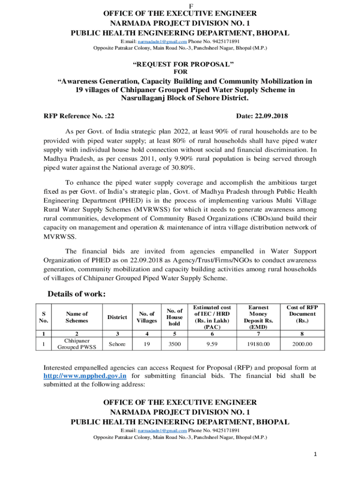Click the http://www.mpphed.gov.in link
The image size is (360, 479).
(85, 376)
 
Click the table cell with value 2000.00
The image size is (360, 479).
(302, 345)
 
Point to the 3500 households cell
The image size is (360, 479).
(174, 345)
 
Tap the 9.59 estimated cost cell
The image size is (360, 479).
(212, 345)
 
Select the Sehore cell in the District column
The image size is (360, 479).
(116, 345)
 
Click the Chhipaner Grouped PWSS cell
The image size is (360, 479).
(77, 344)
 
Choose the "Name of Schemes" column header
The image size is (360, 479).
(77, 317)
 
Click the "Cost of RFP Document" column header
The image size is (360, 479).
(302, 314)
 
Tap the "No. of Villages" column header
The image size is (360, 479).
(147, 317)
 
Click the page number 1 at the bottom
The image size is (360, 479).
(316, 454)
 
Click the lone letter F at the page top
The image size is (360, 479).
(180, 4)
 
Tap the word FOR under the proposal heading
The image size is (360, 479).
(180, 72)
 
